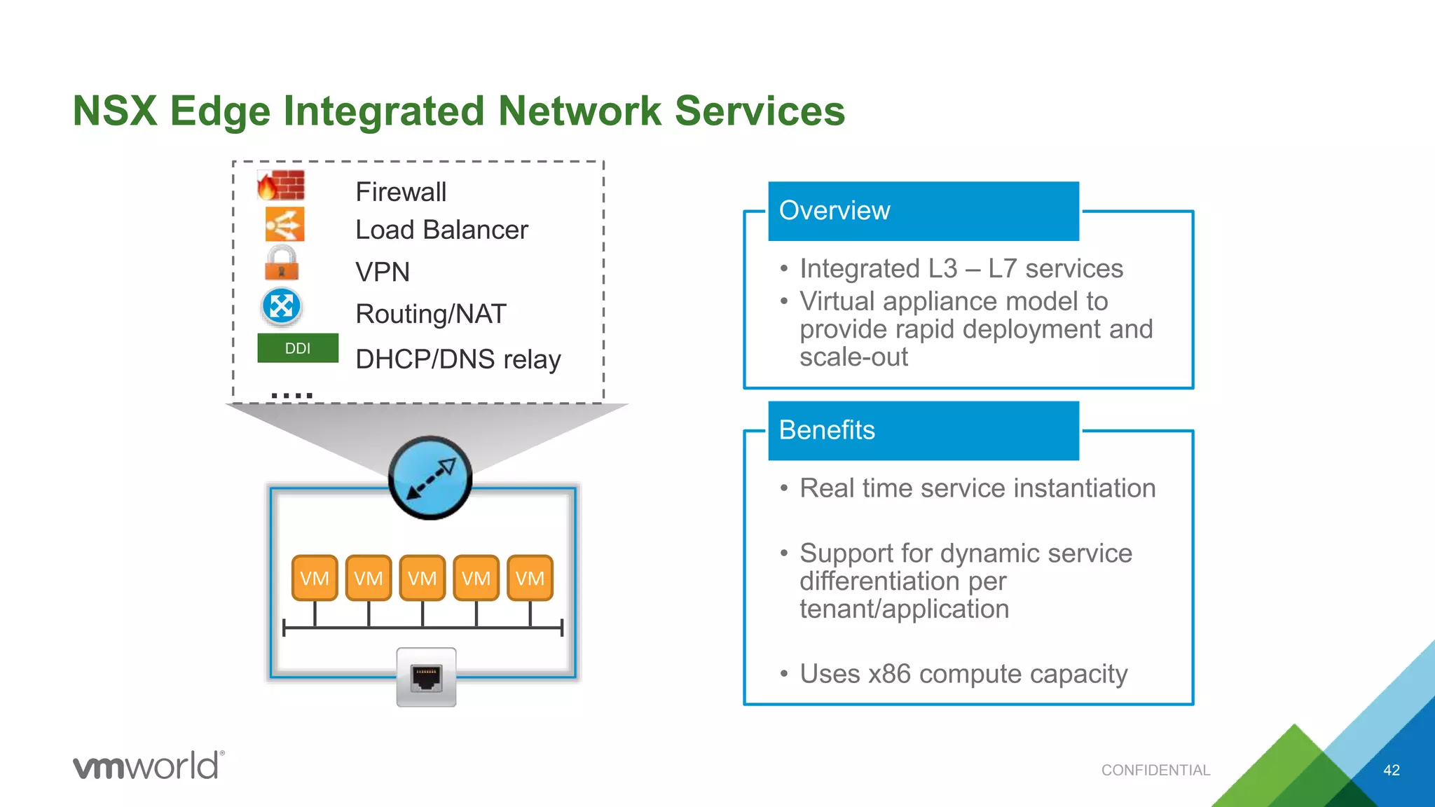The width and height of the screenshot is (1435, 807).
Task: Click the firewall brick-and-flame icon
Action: point(280,186)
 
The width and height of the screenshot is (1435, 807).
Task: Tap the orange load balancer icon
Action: point(284,225)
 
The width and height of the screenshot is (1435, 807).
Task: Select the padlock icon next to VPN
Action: point(282,263)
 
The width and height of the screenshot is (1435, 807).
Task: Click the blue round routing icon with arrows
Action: point(282,307)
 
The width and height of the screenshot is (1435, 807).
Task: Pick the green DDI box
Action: point(298,348)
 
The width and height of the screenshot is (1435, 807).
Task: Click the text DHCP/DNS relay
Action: point(458,359)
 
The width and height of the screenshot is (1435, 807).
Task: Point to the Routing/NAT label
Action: point(430,314)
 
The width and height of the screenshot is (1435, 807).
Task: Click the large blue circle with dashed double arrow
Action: point(430,478)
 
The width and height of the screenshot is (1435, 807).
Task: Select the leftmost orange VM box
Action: point(315,578)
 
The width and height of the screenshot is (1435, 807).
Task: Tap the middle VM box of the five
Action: point(423,578)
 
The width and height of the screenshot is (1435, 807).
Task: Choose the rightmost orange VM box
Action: point(530,578)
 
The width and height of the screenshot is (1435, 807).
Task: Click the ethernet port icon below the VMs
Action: point(426,677)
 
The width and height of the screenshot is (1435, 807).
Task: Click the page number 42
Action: point(1391,770)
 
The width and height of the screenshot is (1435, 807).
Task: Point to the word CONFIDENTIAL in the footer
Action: point(1155,770)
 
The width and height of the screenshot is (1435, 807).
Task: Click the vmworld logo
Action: point(149,765)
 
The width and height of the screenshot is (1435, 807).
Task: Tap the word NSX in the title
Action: point(114,111)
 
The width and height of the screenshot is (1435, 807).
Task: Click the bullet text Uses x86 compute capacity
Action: point(963,674)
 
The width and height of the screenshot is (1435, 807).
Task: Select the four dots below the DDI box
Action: point(291,396)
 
